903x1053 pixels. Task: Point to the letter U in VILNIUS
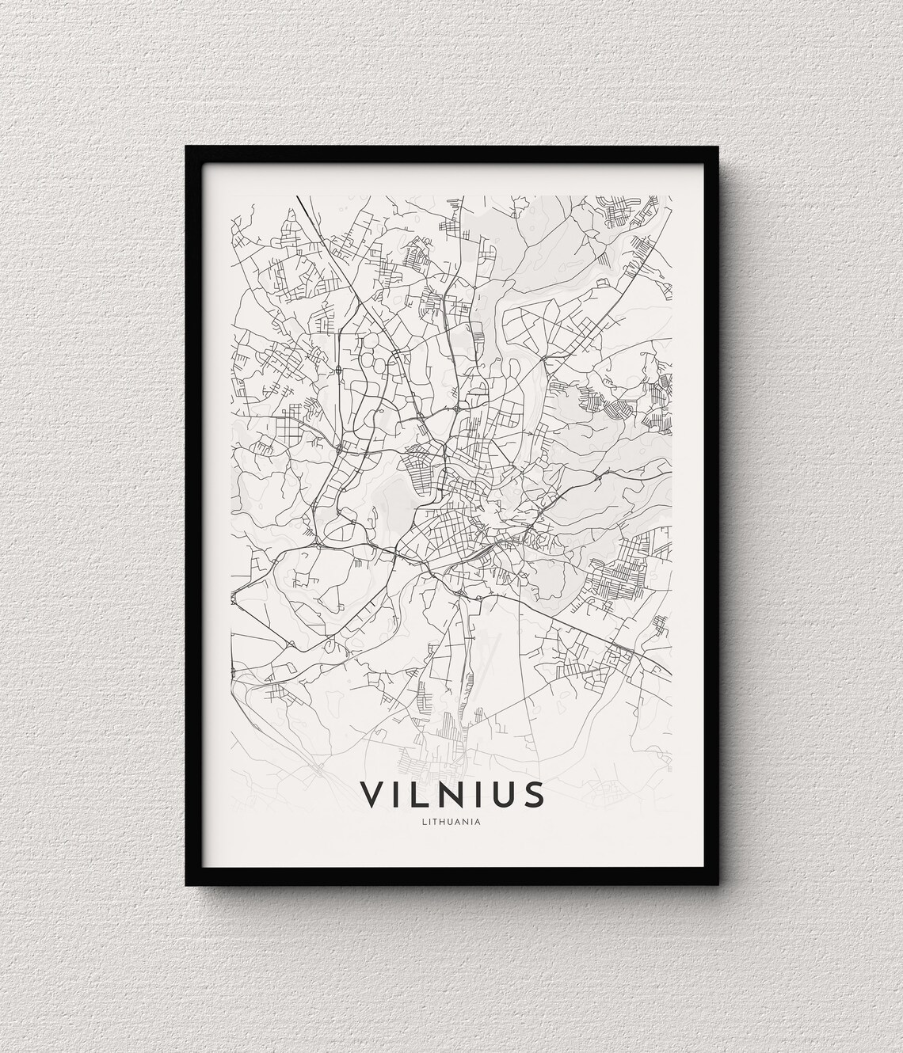[507, 794]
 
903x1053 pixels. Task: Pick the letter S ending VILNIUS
[535, 794]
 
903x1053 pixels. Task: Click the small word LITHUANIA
[452, 820]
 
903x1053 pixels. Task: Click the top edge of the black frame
[451, 152]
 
